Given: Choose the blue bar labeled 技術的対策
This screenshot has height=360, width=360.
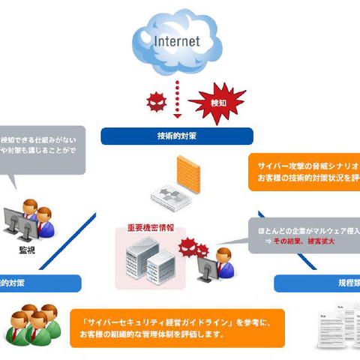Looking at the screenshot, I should [x=175, y=136].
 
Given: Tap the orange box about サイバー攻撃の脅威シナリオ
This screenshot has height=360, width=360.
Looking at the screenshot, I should [x=304, y=171].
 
